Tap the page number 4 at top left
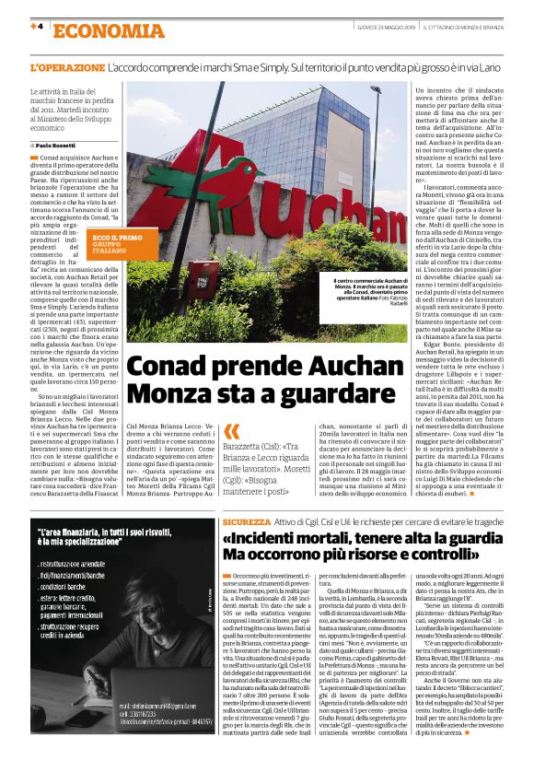[x=38, y=27]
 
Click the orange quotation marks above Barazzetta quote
[x=231, y=432]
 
